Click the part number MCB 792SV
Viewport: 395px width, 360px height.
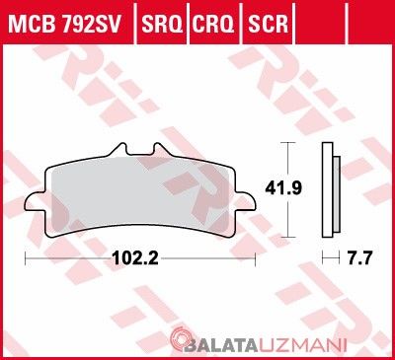65,24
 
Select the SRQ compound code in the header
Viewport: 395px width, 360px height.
162,24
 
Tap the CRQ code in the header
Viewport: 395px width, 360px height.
213,24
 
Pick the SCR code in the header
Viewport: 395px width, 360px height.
268,24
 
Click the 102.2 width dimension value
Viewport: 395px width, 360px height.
135,258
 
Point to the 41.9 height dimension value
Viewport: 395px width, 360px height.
283,188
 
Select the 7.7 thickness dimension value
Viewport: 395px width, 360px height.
358,258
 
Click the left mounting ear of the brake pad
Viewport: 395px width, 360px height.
34,201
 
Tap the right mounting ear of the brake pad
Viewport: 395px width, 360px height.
246,201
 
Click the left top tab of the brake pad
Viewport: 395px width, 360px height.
119,150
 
